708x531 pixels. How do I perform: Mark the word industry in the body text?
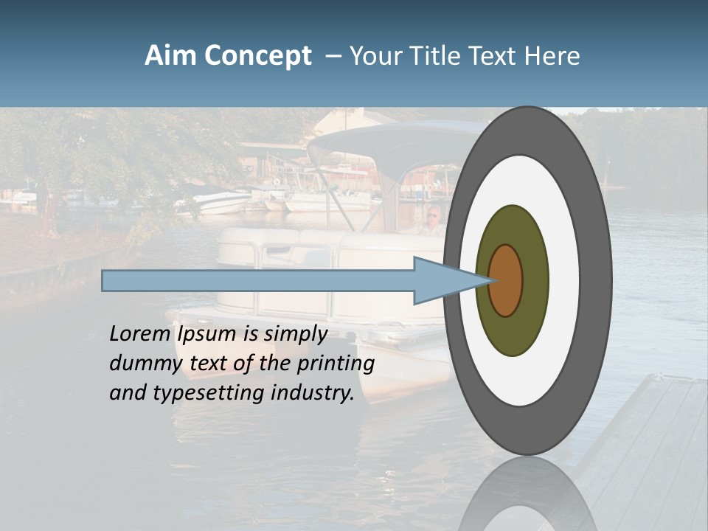(x=313, y=393)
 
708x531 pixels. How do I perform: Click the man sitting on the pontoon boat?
(x=433, y=220)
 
